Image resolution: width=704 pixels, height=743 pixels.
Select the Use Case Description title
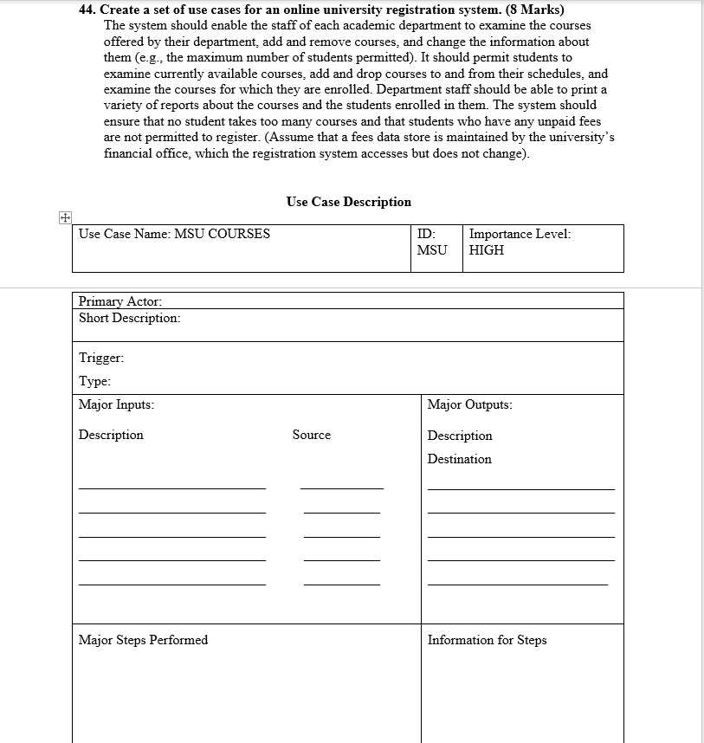point(348,202)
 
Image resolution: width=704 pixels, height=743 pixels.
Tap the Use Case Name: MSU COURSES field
point(174,234)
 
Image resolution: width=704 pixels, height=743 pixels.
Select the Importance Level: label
point(520,234)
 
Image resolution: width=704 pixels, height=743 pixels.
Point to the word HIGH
point(486,250)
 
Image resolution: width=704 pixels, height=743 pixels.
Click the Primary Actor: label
point(120,301)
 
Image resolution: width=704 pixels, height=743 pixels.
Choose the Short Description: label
point(130,318)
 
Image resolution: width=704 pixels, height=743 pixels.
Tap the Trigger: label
point(101,358)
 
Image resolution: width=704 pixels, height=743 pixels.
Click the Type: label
point(94,381)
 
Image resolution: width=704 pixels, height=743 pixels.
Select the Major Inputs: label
point(117,404)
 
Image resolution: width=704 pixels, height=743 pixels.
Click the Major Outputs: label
point(469,404)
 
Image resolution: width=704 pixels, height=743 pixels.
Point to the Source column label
point(311,435)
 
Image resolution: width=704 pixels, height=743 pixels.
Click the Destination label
point(459,459)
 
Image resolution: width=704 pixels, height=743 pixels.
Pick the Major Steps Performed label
point(143,640)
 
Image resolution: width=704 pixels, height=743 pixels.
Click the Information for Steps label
point(487,640)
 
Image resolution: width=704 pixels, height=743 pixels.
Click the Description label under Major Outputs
point(459,436)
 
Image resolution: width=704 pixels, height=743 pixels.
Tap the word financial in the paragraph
point(129,153)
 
